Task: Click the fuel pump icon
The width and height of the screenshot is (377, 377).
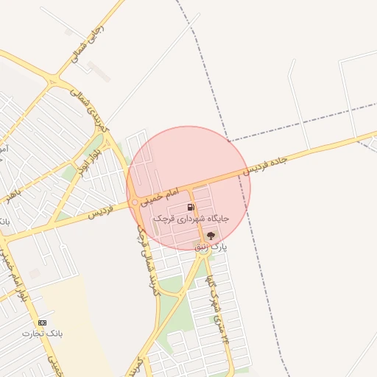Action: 191,208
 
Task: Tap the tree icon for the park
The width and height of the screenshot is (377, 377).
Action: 211,236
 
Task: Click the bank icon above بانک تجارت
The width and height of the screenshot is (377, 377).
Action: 42,323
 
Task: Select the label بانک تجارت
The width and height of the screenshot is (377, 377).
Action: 43,334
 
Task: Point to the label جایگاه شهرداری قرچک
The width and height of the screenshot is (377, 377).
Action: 191,219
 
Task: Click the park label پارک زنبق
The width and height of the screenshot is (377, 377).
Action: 211,247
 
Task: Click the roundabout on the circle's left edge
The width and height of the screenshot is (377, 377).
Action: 134,202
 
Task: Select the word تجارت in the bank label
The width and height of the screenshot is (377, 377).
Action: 33,334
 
